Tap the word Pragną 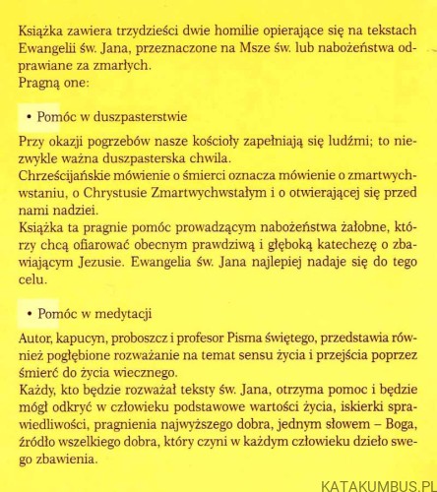pyautogui.click(x=39, y=82)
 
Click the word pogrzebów pyautogui.click(x=117, y=144)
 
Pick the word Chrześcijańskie pyautogui.click(x=66, y=179)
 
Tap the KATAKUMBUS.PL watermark pyautogui.click(x=379, y=484)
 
